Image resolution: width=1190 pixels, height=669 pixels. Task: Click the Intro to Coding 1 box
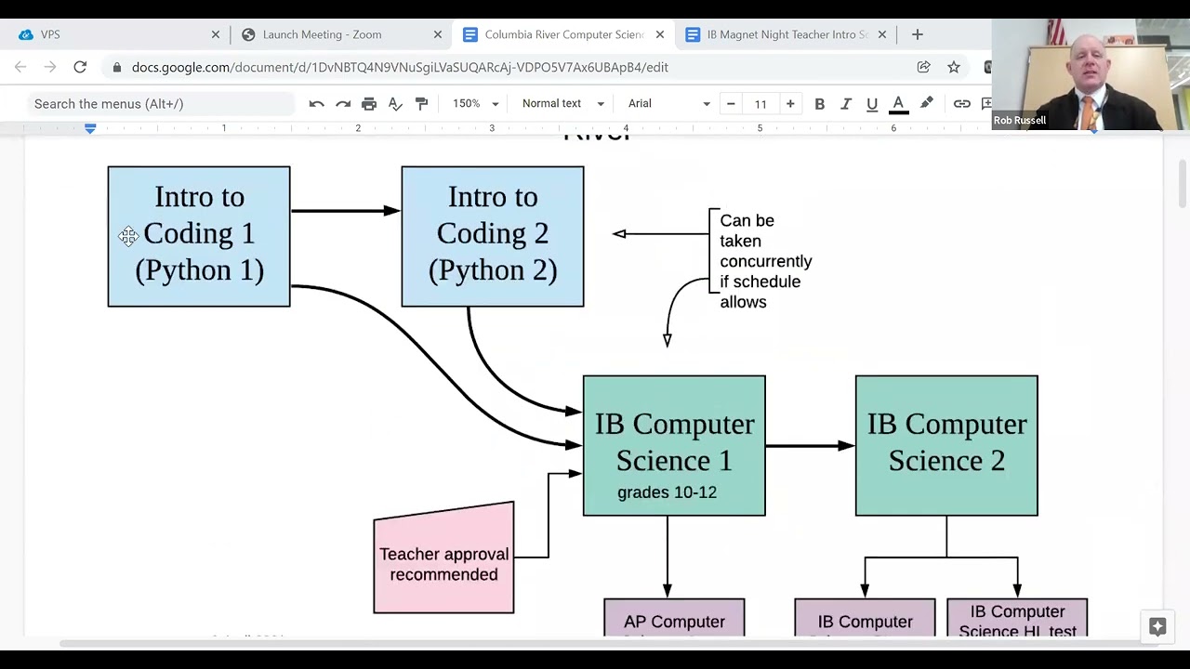198,236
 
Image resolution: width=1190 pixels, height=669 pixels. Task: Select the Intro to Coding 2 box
492,236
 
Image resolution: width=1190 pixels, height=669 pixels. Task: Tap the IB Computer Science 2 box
945,445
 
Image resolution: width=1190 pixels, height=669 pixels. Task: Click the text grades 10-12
667,492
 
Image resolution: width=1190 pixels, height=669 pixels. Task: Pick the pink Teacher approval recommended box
443,563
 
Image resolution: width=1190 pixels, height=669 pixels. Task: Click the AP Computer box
674,619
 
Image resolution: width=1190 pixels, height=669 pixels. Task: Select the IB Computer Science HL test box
1016,619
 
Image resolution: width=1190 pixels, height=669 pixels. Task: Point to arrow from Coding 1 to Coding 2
344,211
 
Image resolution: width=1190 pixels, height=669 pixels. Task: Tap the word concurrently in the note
765,261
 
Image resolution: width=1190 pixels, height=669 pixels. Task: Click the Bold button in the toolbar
819,104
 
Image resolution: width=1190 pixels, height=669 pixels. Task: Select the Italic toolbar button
845,104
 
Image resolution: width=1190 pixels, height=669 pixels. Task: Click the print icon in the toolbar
369,104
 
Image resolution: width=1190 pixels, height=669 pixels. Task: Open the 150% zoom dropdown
475,104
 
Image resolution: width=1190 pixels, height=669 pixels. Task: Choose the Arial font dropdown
668,104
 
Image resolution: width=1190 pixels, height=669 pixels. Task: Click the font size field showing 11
760,104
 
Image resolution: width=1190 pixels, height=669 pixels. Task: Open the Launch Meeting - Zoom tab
322,34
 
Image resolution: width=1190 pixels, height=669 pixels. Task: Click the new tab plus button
917,34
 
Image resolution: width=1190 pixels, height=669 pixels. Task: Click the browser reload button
80,67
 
